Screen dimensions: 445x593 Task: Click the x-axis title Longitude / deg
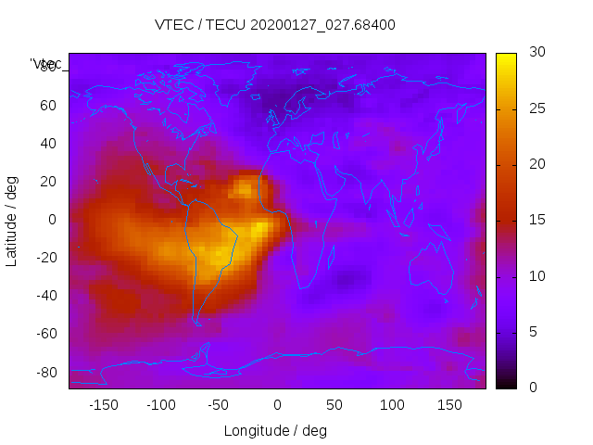pos(275,430)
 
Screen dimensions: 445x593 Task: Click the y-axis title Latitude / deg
pos(12,220)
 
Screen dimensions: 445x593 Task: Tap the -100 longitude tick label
pos(160,404)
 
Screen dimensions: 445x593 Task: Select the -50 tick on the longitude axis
pos(219,404)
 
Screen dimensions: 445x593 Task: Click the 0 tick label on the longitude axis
pos(277,404)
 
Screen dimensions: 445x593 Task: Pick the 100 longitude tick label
pos(393,404)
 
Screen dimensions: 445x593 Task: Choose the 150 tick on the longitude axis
pos(450,404)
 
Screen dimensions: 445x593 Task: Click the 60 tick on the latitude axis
pos(48,105)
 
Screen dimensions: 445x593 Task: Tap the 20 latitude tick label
pos(48,181)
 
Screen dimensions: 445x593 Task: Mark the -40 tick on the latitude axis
pos(45,296)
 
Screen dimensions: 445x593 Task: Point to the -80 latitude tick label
pos(45,372)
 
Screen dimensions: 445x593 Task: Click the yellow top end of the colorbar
pos(505,57)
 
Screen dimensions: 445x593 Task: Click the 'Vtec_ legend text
pos(45,64)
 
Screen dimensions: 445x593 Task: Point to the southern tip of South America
pos(197,323)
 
